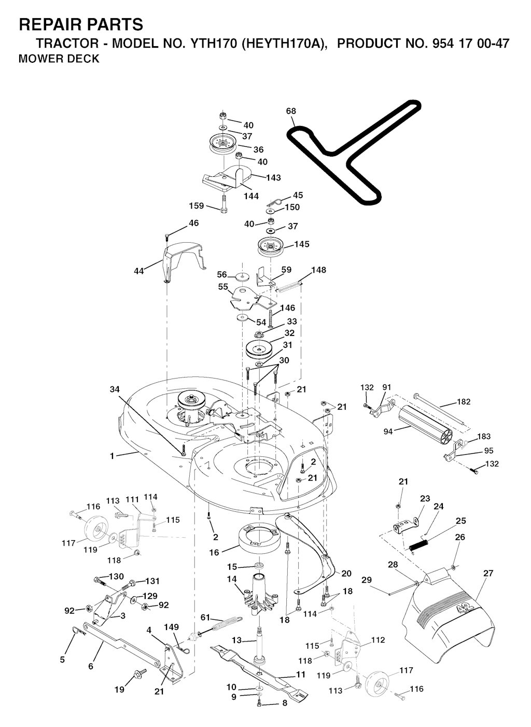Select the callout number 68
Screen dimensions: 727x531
coord(291,111)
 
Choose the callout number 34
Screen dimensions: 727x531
coord(115,388)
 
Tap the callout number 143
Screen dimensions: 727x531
coord(273,178)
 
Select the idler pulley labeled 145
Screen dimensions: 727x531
coord(273,246)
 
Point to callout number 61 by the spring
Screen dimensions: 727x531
coord(206,617)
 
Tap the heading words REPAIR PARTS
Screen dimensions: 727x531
coord(80,24)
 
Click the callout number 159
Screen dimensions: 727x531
coord(197,206)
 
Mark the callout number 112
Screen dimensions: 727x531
coord(378,640)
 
